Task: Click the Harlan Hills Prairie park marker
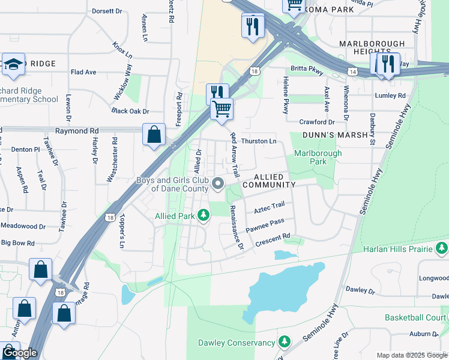click(442, 248)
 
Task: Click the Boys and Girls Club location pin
click(218, 184)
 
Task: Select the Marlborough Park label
click(318, 157)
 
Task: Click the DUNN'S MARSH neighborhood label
click(335, 135)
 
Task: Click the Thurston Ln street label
click(259, 142)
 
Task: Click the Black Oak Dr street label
click(130, 112)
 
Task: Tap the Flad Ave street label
click(83, 72)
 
